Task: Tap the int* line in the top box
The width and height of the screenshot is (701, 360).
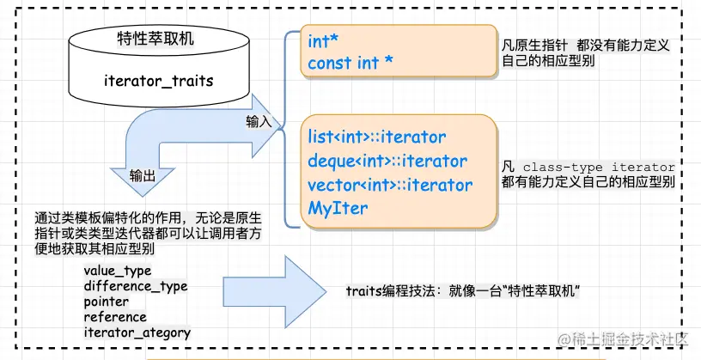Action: coord(323,40)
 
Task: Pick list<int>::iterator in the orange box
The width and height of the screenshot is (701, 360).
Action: coord(377,137)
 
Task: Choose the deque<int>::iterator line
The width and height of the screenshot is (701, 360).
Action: coord(387,161)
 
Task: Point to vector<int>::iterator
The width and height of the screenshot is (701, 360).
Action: coord(390,185)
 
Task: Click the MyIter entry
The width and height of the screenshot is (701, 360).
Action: coord(338,208)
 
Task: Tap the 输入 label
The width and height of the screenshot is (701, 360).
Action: coord(259,121)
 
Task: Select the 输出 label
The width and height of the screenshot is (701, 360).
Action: coord(143,176)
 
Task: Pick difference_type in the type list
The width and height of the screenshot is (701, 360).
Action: coord(136,286)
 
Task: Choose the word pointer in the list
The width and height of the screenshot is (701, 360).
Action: coord(107,302)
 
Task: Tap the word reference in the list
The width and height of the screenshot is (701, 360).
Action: coord(115,316)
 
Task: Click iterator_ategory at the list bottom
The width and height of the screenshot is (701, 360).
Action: coord(137,332)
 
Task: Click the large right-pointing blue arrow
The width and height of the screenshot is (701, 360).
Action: coord(271,292)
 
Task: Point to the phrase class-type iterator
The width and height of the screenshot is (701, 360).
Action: coord(599,167)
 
